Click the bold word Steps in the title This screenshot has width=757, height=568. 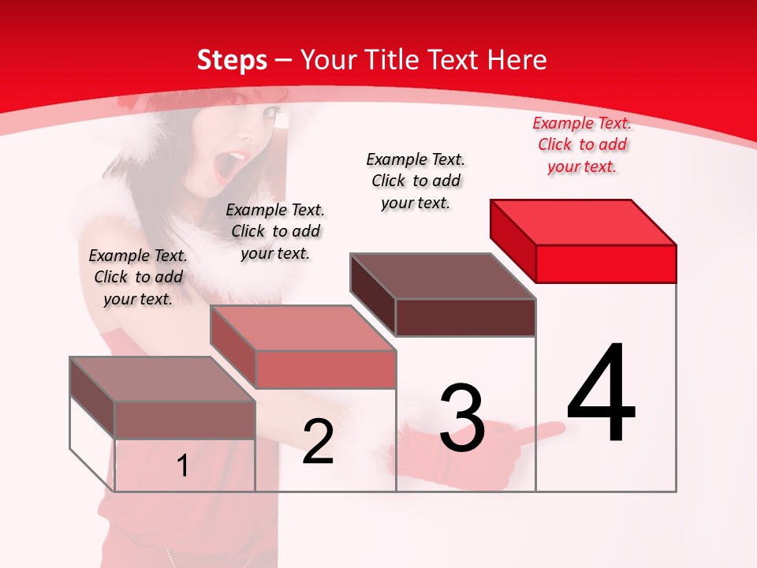pos(232,60)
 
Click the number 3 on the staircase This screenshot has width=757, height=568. pos(462,418)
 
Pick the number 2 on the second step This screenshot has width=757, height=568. pos(318,442)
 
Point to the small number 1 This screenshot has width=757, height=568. pos(183,466)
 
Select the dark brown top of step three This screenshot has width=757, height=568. pos(443,276)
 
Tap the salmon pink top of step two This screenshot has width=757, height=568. pos(303,328)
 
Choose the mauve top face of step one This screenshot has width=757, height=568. pos(162,379)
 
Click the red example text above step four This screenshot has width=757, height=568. pos(582,144)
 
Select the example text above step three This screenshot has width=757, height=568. pos(416,181)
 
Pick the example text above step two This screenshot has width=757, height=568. pos(275,231)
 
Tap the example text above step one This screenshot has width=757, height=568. pos(138,277)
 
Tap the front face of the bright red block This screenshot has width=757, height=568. pos(606,263)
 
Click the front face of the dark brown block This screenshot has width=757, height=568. pos(465,317)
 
